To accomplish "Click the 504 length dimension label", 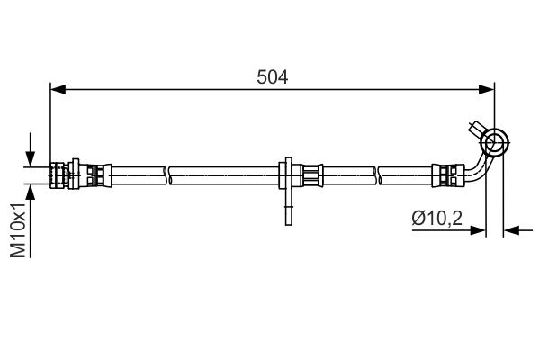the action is tap(272, 77).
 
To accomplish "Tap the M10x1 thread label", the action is tap(18, 230).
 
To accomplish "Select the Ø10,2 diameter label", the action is tap(437, 218).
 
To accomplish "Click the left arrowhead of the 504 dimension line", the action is tap(58, 90).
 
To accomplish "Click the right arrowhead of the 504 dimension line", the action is tap(487, 90).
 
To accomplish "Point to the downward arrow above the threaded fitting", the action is tap(31, 150).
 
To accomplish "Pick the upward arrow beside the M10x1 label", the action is tap(31, 220).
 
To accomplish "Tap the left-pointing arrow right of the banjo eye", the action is tap(518, 230).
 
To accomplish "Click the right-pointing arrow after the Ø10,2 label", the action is tap(449, 230).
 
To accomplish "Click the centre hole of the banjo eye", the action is tap(494, 141).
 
